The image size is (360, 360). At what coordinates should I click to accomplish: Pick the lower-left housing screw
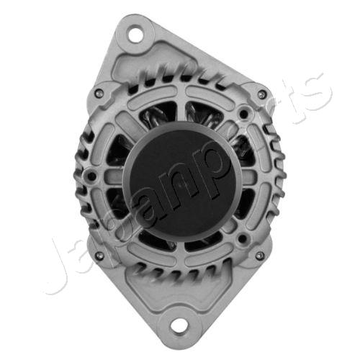tap(98, 255)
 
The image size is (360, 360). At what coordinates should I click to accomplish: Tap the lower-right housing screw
tap(261, 256)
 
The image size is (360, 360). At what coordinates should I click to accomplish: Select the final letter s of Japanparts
tap(315, 91)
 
